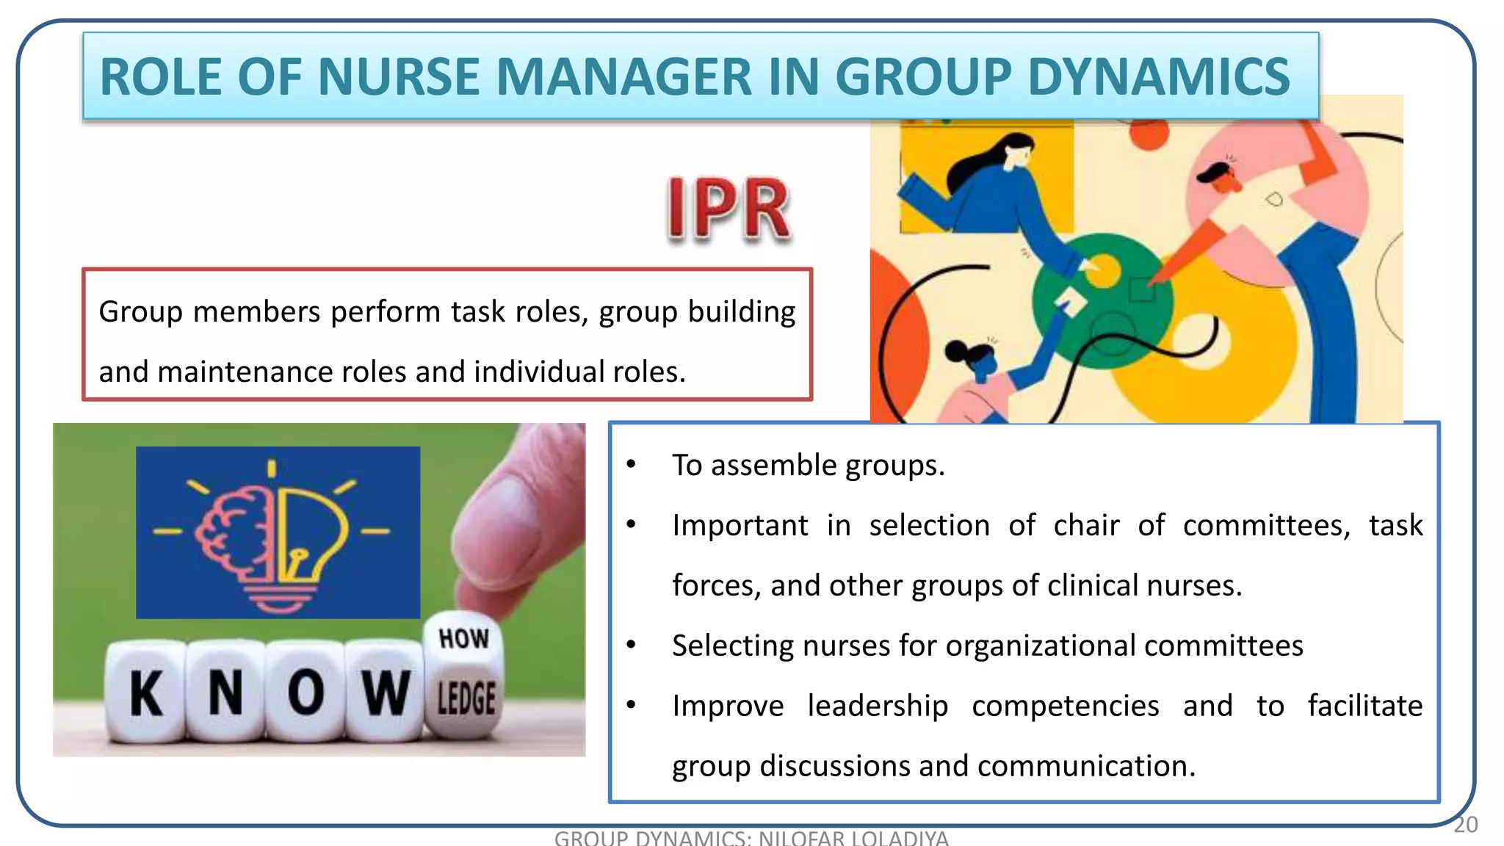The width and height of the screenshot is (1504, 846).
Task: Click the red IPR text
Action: tap(728, 210)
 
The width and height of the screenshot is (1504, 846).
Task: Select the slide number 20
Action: tap(1465, 825)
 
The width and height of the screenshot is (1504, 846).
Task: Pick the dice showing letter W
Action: tap(384, 691)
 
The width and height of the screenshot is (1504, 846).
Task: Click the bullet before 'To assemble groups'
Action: tap(631, 465)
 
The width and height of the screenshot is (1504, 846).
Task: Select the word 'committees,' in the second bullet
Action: tap(1266, 526)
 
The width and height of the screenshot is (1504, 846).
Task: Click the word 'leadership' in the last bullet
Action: tap(878, 706)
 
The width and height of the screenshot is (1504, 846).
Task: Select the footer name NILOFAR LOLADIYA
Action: tap(853, 838)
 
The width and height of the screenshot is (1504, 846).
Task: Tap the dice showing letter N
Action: tap(225, 691)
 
